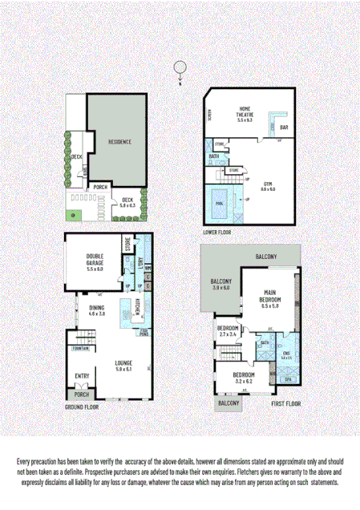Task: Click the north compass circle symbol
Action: pyautogui.click(x=182, y=67)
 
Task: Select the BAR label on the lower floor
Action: pyautogui.click(x=283, y=127)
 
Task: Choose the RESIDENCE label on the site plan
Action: pyautogui.click(x=119, y=142)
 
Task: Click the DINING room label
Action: pyautogui.click(x=96, y=308)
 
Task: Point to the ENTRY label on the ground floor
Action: pyautogui.click(x=83, y=375)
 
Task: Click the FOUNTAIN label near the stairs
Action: pyautogui.click(x=79, y=348)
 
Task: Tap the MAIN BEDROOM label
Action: pyautogui.click(x=269, y=297)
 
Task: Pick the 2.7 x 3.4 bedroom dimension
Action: pyautogui.click(x=227, y=335)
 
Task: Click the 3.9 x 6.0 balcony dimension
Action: pyautogui.click(x=220, y=288)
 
